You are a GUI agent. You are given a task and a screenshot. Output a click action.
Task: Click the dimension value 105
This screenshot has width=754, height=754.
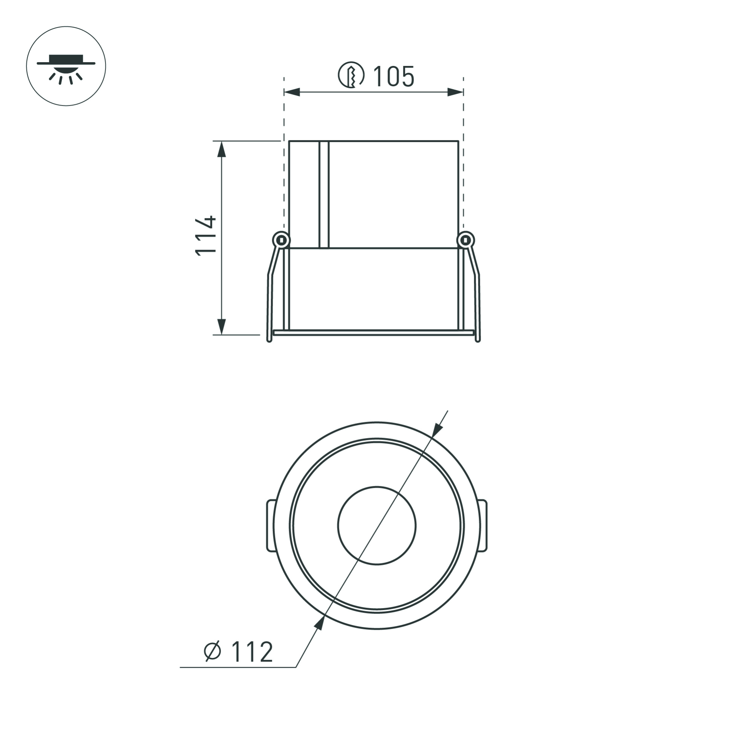393,77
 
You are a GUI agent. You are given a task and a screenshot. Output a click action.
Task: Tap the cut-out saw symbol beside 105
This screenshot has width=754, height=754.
351,75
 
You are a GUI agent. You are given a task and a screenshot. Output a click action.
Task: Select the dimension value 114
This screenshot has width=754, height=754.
206,236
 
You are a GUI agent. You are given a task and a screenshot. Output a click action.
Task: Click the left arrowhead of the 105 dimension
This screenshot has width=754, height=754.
292,92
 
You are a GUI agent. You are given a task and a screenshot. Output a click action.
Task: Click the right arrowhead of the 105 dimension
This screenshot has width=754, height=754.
455,92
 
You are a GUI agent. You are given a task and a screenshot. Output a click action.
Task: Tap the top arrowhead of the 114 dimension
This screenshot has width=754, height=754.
221,149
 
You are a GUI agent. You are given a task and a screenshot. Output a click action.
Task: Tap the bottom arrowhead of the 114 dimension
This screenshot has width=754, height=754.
221,326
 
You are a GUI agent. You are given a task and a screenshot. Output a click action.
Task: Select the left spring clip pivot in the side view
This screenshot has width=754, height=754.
280,240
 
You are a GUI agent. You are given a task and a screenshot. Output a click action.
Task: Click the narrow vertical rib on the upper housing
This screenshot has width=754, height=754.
324,195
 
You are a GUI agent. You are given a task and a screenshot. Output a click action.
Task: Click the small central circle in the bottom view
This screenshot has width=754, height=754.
377,526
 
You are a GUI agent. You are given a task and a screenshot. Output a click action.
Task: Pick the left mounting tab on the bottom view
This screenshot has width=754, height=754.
270,526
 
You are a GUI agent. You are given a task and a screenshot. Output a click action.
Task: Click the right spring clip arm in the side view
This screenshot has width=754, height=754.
478,297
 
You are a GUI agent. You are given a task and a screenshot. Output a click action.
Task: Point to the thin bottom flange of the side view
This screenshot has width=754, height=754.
374,333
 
